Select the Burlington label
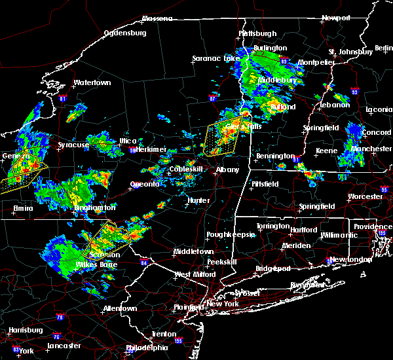point(271,48)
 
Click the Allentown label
point(120,308)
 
